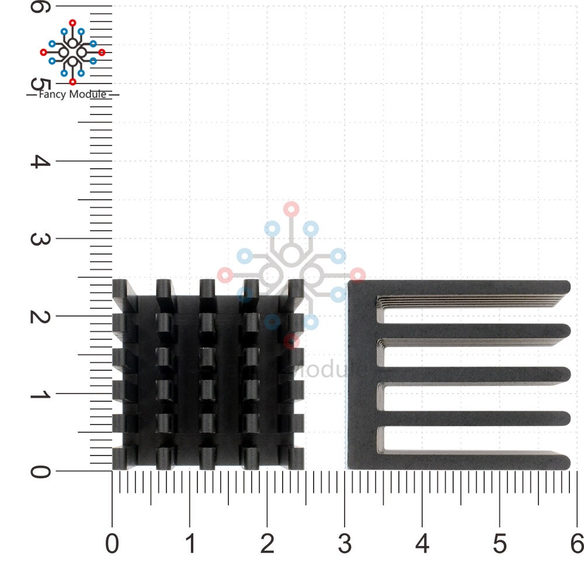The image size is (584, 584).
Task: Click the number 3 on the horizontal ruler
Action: tap(345, 544)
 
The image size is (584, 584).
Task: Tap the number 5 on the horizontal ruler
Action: tap(500, 544)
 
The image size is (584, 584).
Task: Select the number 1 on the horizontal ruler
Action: tap(190, 544)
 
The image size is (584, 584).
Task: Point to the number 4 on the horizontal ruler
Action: tap(422, 544)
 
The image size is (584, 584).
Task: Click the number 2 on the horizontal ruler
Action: tap(267, 544)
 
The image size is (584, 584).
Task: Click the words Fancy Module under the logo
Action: tap(72, 95)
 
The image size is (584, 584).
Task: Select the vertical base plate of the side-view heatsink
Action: tap(362, 374)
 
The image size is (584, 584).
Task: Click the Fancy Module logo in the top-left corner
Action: tap(72, 51)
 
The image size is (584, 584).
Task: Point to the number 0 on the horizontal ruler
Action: tap(112, 544)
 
